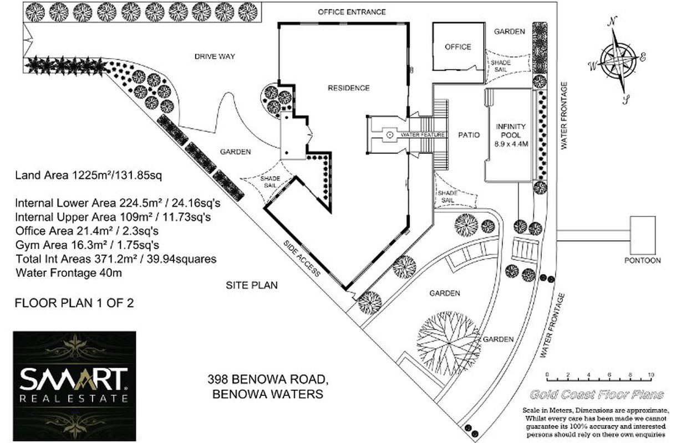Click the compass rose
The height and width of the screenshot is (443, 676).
coord(619,59)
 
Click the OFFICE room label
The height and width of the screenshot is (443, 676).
coord(458,47)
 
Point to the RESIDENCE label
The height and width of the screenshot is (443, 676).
coord(348,88)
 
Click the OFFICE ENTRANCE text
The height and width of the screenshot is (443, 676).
coord(352,12)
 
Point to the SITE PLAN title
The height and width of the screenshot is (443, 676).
coord(251,286)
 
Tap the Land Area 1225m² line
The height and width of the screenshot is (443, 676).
coord(88,176)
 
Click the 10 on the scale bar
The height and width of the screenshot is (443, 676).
coord(651,375)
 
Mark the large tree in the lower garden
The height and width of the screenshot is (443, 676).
coord(448,334)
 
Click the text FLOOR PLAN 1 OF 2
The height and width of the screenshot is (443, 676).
coord(74,303)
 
